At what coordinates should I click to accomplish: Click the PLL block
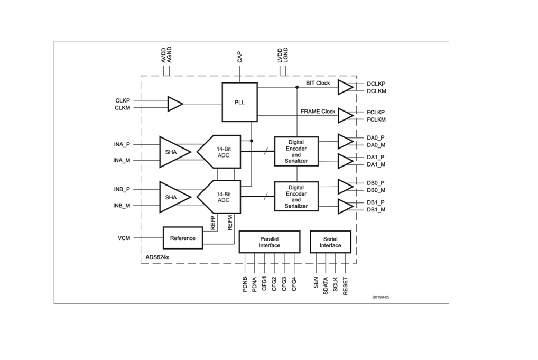pos(239,102)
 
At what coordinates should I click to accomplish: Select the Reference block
pos(182,238)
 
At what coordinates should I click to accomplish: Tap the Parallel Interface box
pos(270,242)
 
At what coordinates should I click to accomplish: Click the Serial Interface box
pos(330,242)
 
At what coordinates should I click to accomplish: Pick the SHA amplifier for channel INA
pos(173,152)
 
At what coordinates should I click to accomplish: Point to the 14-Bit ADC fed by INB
pos(219,197)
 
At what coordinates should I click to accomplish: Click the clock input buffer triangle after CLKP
pos(174,104)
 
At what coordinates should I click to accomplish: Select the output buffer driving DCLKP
pos(345,87)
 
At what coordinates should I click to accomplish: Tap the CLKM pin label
pos(122,108)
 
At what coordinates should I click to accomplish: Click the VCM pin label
pos(124,238)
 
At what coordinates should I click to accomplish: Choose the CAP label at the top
pos(239,57)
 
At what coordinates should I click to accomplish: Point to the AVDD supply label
pos(163,55)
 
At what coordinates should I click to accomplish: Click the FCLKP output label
pos(376,112)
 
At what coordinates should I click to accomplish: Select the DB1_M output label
pos(376,210)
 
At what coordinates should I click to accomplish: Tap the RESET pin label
pos(346,285)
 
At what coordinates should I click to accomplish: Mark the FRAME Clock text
pos(318,112)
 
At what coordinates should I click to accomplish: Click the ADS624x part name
pos(157,257)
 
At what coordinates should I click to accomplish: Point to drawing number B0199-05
pos(381,297)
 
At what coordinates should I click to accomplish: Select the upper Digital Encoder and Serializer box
pos(296,151)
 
